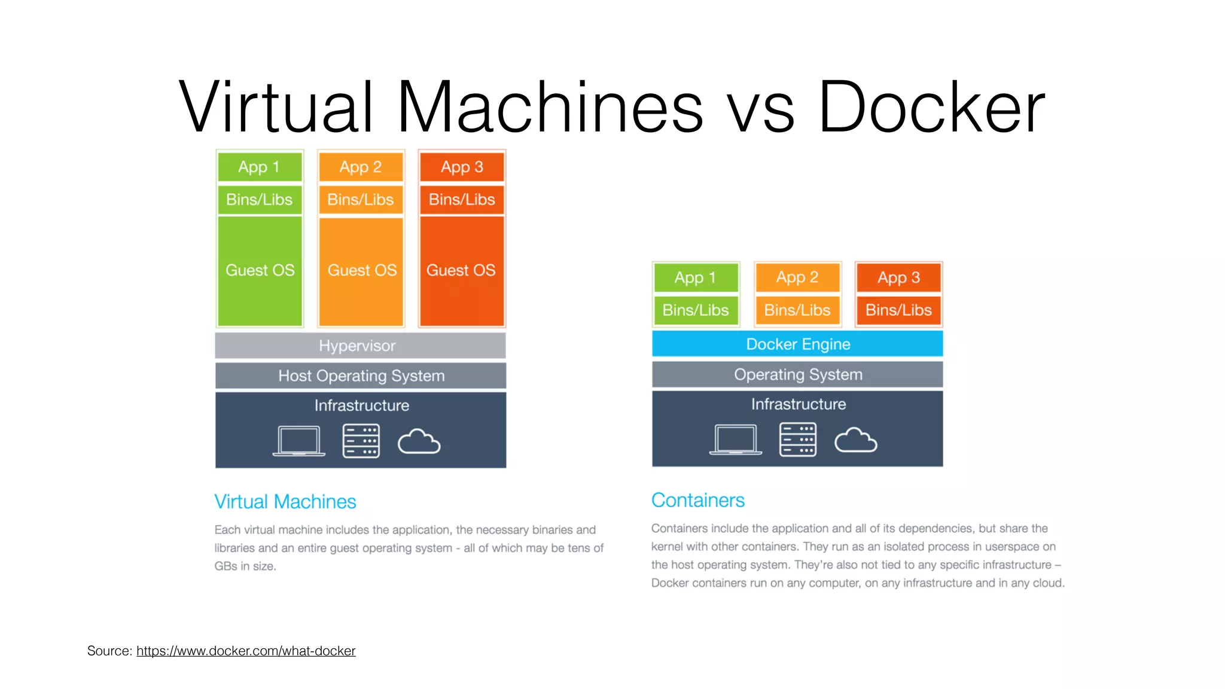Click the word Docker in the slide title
point(931,108)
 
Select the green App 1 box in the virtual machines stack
point(260,167)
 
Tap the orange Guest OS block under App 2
point(361,270)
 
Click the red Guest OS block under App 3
point(461,270)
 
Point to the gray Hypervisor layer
point(360,346)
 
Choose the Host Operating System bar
point(361,376)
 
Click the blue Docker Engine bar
point(797,344)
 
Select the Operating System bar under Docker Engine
point(797,374)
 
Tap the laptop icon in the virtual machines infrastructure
point(298,441)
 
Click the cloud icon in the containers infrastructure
point(855,441)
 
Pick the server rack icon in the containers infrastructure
point(798,440)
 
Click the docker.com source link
point(246,651)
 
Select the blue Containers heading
point(697,500)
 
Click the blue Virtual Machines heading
point(285,501)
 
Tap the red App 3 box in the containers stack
point(898,278)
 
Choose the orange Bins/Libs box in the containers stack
point(797,310)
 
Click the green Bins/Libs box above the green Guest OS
point(260,200)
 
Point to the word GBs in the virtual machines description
point(226,566)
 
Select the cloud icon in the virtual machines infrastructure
point(419,442)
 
